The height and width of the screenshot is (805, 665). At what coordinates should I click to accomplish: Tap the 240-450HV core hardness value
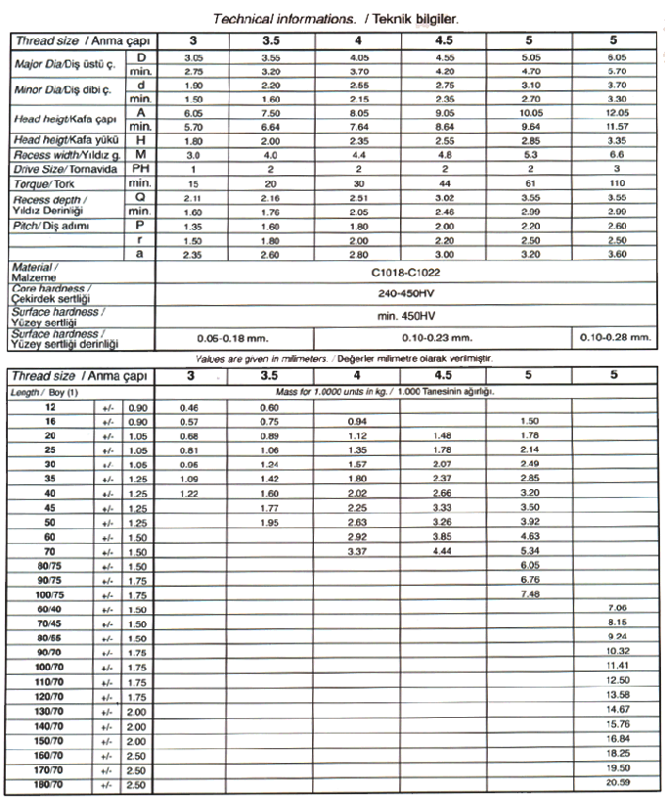[405, 292]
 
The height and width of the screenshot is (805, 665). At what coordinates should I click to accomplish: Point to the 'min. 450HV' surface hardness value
[405, 315]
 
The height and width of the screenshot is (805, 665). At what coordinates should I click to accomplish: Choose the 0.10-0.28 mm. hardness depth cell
[614, 337]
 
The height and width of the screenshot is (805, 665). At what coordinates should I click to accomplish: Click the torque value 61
[529, 183]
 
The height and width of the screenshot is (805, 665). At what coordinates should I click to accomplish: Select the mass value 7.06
[615, 607]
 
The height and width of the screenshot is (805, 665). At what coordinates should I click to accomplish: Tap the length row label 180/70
[49, 784]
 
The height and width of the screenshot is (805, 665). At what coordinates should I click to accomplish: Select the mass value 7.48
[529, 593]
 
